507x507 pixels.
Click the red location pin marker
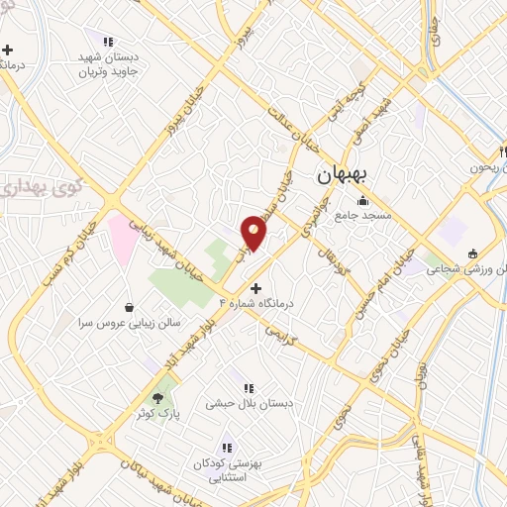click(x=254, y=232)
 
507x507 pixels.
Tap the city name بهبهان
click(x=343, y=175)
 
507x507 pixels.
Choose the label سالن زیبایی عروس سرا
click(x=118, y=323)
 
